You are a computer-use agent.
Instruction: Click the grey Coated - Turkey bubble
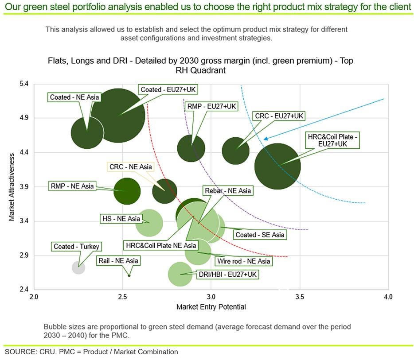[x=78, y=267]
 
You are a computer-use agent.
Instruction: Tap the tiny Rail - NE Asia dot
[x=129, y=275]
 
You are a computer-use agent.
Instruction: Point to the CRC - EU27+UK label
[x=280, y=116]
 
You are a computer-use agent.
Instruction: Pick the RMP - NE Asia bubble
[x=127, y=192]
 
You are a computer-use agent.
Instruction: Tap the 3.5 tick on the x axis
[x=299, y=296]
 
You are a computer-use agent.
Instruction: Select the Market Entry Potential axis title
[x=211, y=306]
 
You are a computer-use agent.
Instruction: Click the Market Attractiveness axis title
[x=12, y=187]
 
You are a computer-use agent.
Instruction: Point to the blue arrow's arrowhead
[x=265, y=139]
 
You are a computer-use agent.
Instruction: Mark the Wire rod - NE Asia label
[x=243, y=261]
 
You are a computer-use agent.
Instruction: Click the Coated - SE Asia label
[x=260, y=235]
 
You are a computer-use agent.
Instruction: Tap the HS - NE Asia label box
[x=121, y=219]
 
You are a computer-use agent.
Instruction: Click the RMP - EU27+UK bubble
[x=191, y=148]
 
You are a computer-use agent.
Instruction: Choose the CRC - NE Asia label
[x=130, y=167]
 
